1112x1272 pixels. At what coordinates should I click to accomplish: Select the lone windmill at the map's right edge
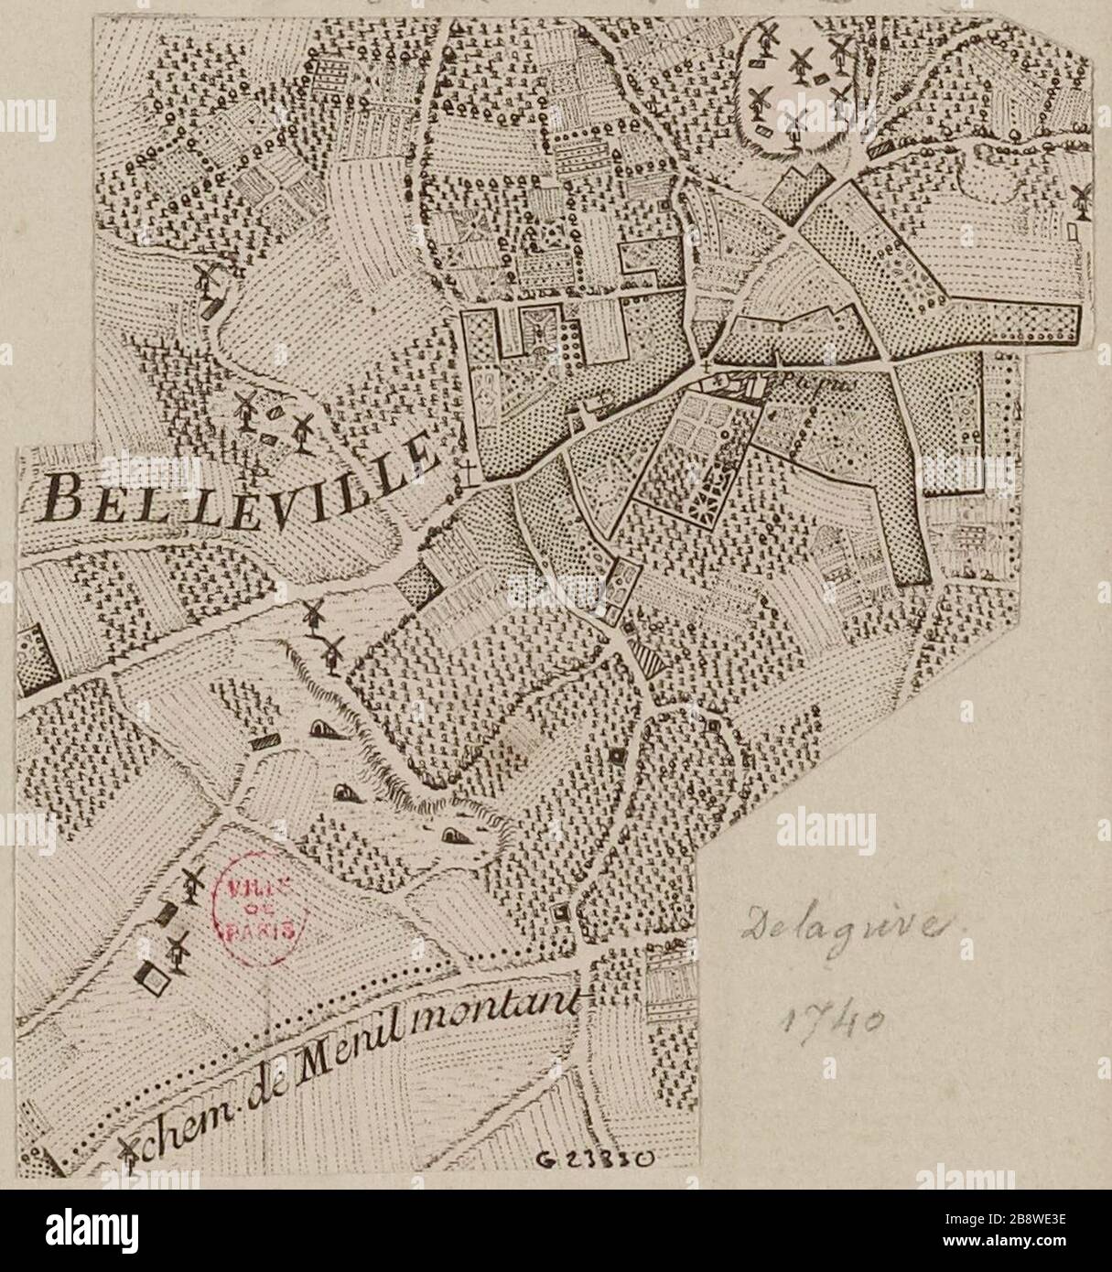pyautogui.click(x=1080, y=198)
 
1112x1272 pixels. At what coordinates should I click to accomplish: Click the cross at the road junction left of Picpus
pyautogui.click(x=706, y=368)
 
